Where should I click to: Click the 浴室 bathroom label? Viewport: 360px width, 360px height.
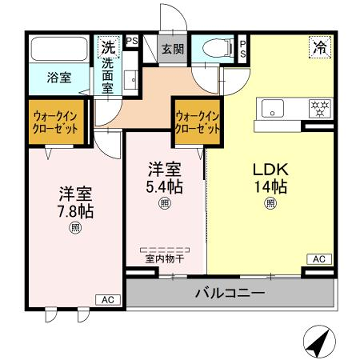click(58, 77)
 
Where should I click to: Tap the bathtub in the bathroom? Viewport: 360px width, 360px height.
click(58, 50)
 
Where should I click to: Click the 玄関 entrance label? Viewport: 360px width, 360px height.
click(172, 48)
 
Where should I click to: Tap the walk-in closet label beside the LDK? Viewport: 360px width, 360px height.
click(197, 121)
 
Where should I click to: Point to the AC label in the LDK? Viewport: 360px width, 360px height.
click(319, 258)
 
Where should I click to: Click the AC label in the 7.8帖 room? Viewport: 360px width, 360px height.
click(105, 299)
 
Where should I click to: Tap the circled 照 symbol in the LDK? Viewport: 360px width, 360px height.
click(269, 205)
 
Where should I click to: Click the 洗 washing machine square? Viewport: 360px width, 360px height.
click(107, 45)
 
